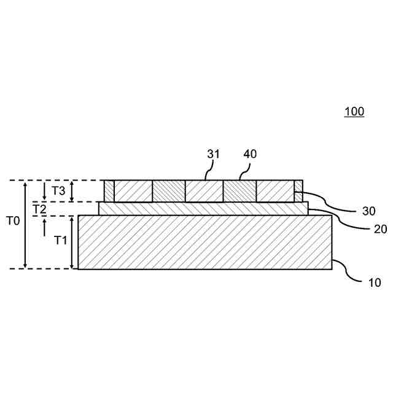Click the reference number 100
(354, 112)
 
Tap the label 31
(213, 154)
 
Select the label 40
(250, 154)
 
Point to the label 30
(368, 211)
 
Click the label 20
(381, 229)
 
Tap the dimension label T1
(60, 240)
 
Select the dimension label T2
(39, 209)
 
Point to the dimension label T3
(58, 190)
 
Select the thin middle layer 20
(203, 209)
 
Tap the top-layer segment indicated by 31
(203, 191)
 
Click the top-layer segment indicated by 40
(239, 191)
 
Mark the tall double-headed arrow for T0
(25, 224)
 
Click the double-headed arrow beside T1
(73, 242)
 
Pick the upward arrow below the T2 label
(45, 227)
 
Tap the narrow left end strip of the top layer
(109, 191)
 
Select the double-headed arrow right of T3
(72, 191)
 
